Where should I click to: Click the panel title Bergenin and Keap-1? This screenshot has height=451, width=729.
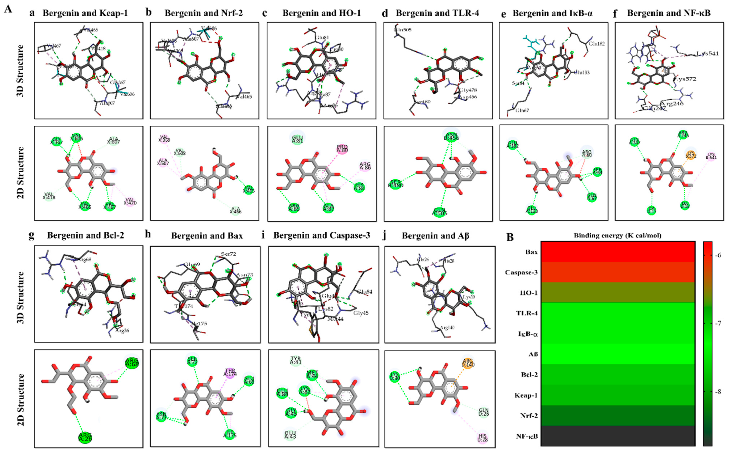pyautogui.click(x=85, y=13)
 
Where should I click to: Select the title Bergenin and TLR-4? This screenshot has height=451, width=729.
pyautogui.click(x=437, y=13)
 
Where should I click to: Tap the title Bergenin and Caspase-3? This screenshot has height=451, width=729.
pyautogui.click(x=322, y=236)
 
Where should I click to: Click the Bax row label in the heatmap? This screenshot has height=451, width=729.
pyautogui.click(x=531, y=252)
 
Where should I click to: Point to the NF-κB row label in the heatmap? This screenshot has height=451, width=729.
pyautogui.click(x=527, y=436)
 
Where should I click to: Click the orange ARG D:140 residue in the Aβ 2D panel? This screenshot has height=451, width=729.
pyautogui.click(x=468, y=362)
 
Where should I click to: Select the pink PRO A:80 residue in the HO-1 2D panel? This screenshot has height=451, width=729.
pyautogui.click(x=342, y=149)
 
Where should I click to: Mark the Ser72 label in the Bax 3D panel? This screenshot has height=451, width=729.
pyautogui.click(x=228, y=254)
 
